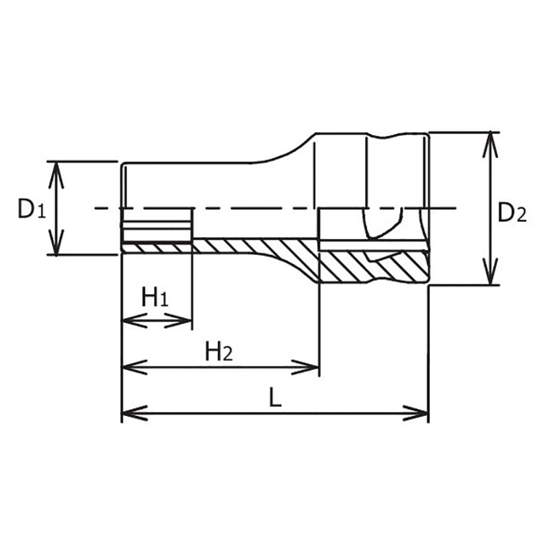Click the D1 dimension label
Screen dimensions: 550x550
32,209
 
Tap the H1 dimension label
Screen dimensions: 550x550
155,298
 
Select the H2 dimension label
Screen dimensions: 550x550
219,352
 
